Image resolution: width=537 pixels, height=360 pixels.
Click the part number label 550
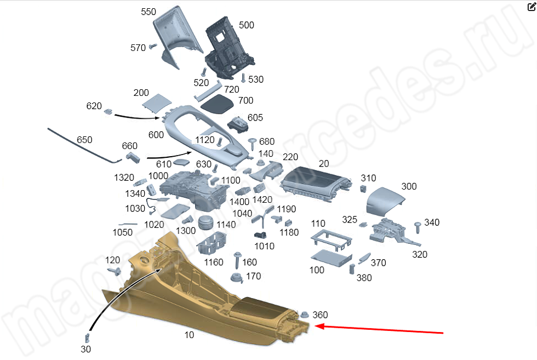pyautogui.click(x=148, y=12)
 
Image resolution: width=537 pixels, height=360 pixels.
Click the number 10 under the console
pyautogui.click(x=189, y=335)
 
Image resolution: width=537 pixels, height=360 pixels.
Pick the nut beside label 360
pyautogui.click(x=302, y=315)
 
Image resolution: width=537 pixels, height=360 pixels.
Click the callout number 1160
pyautogui.click(x=214, y=262)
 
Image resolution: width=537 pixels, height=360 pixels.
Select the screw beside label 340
pyautogui.click(x=418, y=225)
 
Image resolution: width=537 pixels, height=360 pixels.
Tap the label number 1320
pyautogui.click(x=124, y=177)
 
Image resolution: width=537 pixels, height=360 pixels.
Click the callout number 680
pyautogui.click(x=267, y=141)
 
